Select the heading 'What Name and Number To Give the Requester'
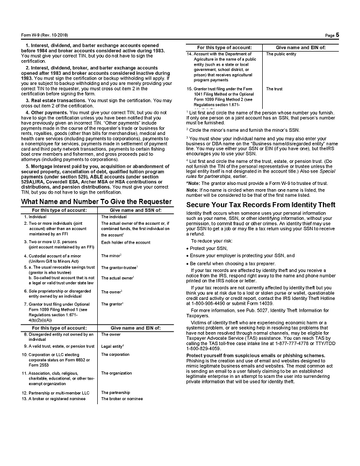click(x=96, y=202)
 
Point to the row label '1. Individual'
click(x=37, y=216)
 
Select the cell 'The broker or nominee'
click(x=122, y=399)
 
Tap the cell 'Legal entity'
click(x=112, y=346)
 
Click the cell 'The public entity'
click(x=281, y=54)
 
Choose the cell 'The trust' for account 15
click(x=274, y=89)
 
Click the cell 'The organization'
click(x=117, y=373)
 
